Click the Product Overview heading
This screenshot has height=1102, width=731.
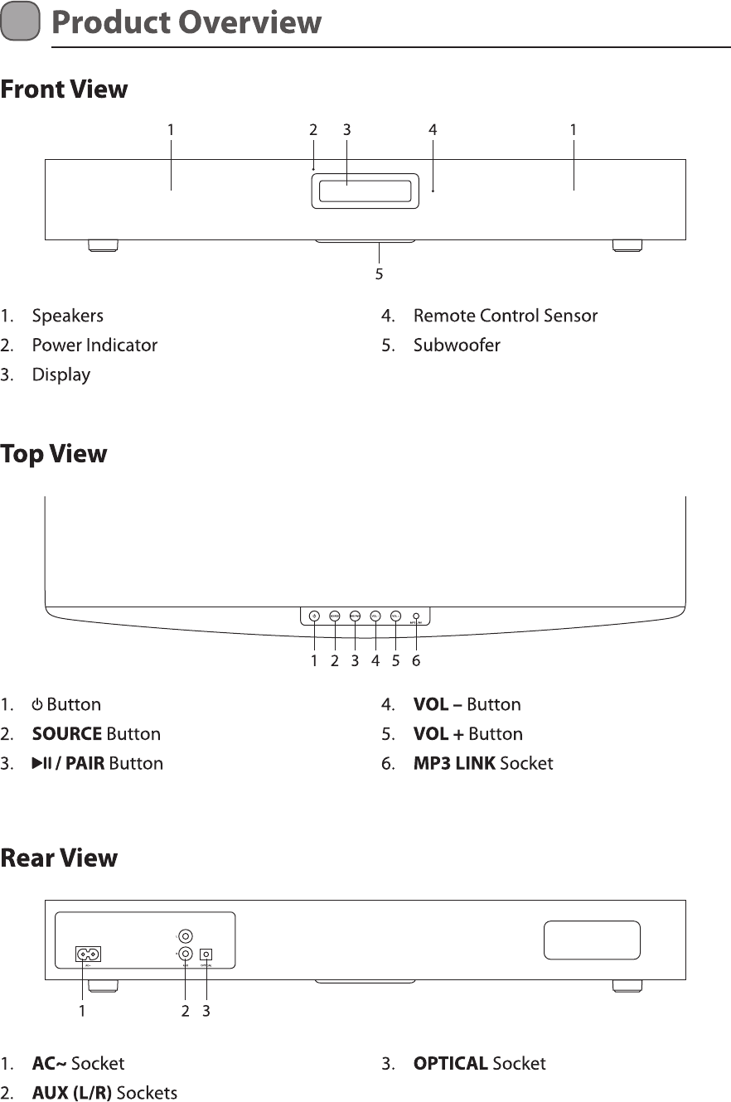186,22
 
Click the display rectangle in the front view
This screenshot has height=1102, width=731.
362,191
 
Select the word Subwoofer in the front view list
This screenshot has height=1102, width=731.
457,345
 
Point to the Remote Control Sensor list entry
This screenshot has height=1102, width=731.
505,316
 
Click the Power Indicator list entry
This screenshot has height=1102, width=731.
94,345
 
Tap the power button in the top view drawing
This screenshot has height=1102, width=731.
314,616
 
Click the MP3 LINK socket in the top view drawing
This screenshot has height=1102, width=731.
415,616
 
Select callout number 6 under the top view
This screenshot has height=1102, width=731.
416,661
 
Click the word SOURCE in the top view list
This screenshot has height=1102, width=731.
67,734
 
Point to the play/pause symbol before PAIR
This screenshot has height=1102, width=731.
41,763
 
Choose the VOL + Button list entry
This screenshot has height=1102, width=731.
467,734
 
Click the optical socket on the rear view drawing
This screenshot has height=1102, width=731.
206,955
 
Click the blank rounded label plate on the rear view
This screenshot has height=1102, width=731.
592,940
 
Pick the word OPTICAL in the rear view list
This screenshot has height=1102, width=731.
450,1064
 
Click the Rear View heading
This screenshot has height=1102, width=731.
59,858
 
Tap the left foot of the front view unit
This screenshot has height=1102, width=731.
103,245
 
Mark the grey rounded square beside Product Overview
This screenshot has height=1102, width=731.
21,22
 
